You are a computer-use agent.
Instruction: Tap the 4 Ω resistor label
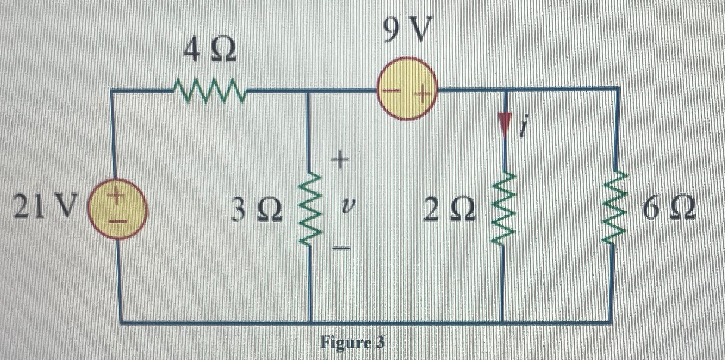(x=209, y=51)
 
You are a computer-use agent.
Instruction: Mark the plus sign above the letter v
(x=339, y=161)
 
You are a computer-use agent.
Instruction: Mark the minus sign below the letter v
(x=341, y=248)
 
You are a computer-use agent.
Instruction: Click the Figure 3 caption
(x=352, y=343)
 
